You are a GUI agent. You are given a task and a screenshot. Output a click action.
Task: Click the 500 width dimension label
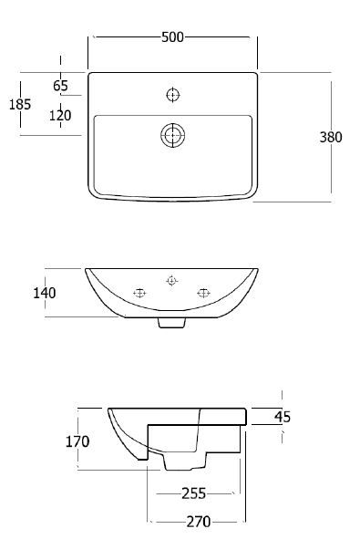point(172,37)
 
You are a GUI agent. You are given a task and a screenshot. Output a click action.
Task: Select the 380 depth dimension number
point(331,137)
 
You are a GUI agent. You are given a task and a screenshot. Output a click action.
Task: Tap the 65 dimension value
point(60,86)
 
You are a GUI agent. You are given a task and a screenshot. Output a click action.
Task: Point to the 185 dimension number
point(20,104)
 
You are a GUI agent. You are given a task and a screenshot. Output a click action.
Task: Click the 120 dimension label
point(60,115)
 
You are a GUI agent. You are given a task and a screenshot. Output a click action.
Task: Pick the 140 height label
point(45,293)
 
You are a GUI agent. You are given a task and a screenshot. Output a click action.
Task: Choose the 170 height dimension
point(77,441)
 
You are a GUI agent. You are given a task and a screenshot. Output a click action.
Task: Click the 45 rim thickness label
point(283,417)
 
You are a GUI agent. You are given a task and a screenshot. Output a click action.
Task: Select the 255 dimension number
point(194,493)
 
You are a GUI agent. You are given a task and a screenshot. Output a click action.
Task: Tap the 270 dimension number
point(199,522)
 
